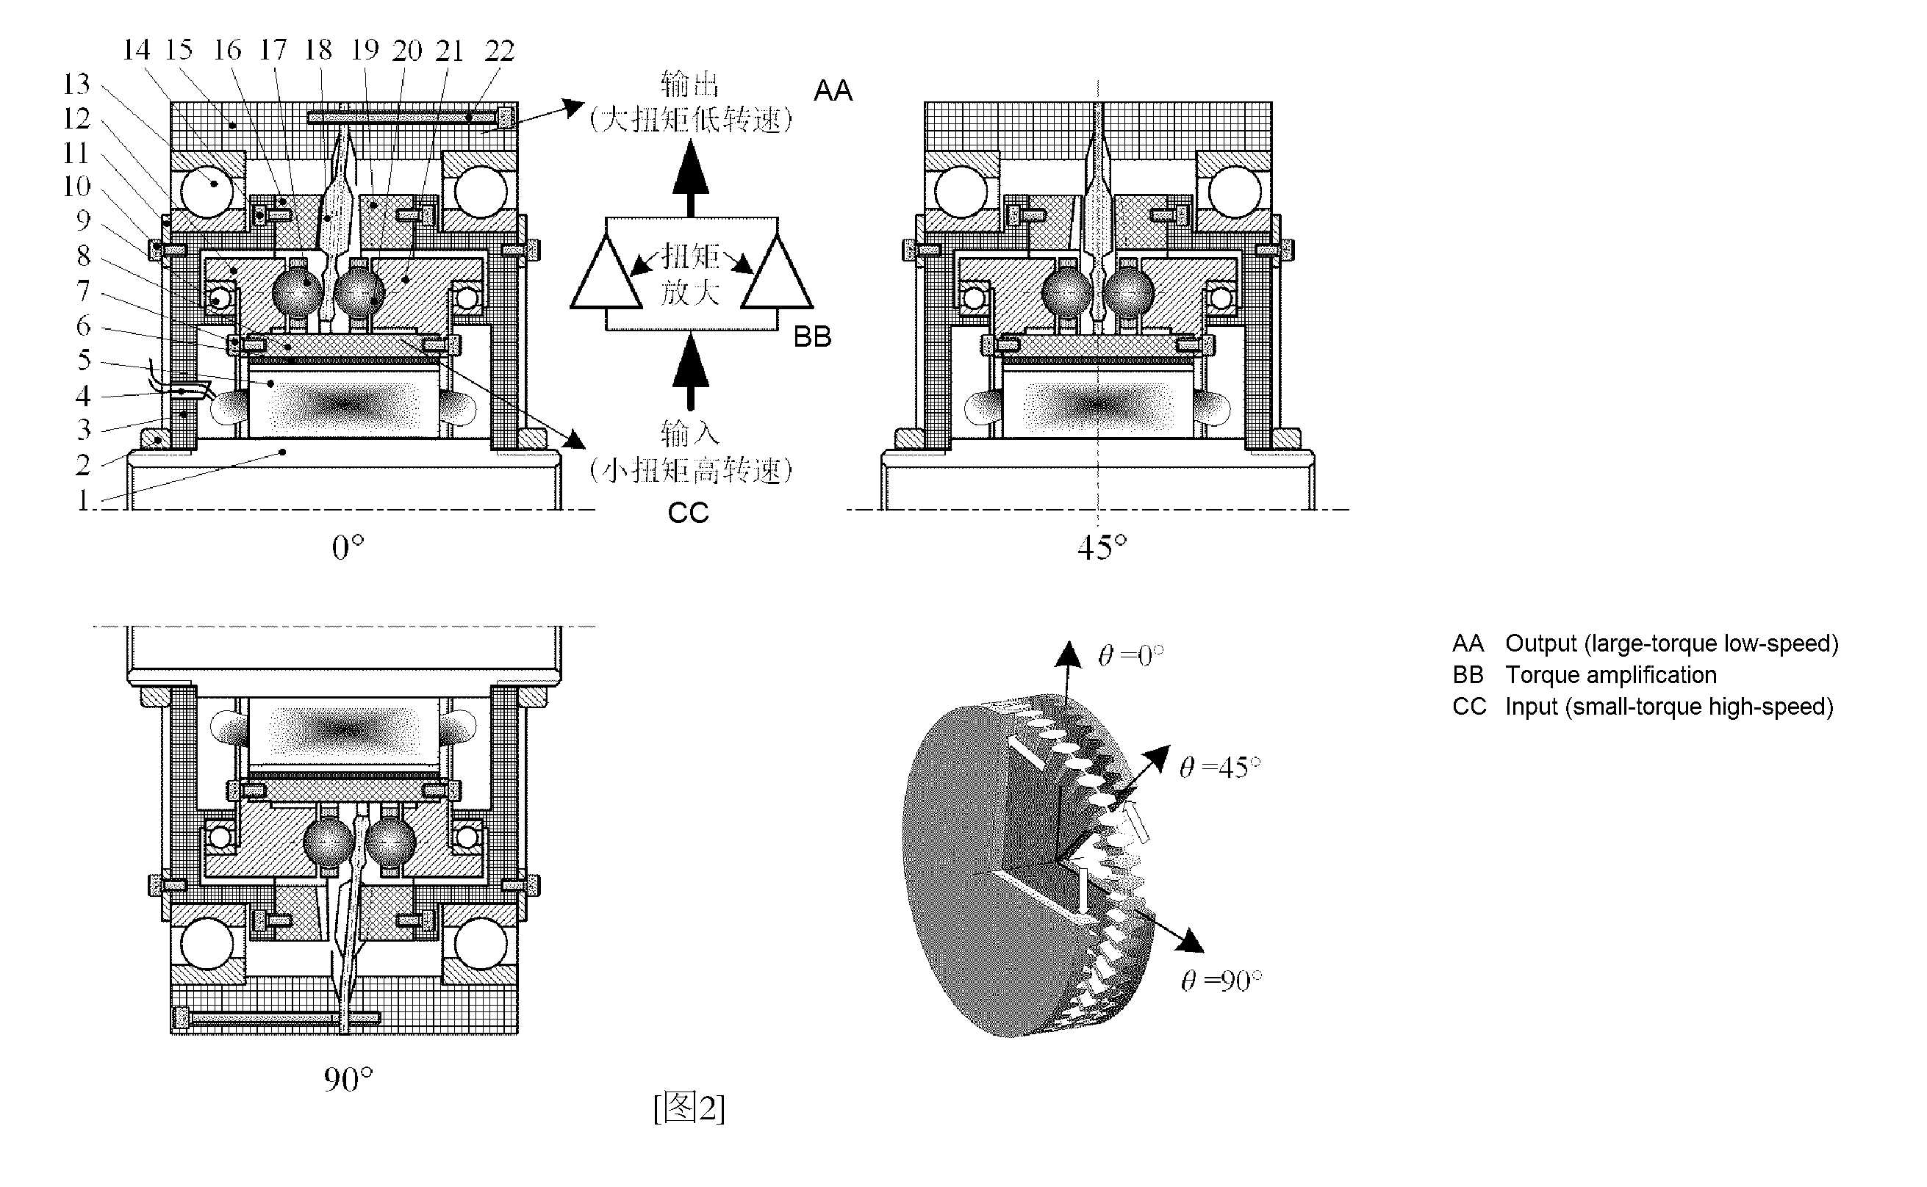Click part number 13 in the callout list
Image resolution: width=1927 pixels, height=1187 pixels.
tap(77, 84)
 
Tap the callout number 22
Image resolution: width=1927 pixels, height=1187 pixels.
tap(500, 51)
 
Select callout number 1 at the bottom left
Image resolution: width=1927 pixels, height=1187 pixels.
tap(83, 499)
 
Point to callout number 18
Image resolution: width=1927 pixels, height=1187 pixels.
tap(318, 50)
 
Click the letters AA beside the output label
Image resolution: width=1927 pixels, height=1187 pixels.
tap(833, 91)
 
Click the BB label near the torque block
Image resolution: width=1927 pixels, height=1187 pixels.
tap(812, 337)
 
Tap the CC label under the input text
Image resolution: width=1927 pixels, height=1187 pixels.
tap(688, 513)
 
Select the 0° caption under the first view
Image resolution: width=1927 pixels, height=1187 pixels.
tap(348, 547)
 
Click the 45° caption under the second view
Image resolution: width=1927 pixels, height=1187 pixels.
tap(1102, 547)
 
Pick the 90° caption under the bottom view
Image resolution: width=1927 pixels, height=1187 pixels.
tap(348, 1080)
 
